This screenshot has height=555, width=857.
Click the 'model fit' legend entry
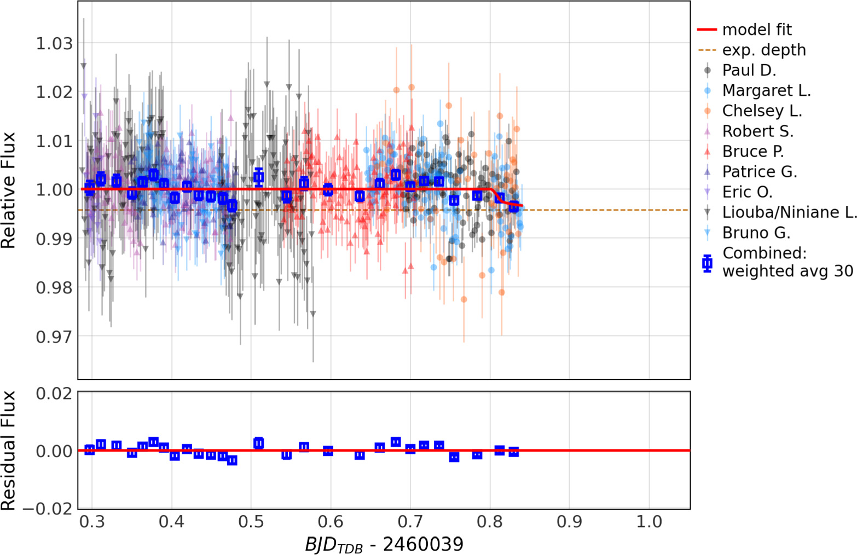point(756,30)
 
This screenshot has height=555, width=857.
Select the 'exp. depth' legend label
point(763,50)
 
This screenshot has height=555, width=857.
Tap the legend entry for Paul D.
point(749,70)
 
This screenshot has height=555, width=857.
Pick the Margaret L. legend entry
point(766,90)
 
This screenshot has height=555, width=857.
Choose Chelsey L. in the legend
point(762,111)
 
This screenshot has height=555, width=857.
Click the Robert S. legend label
point(757,131)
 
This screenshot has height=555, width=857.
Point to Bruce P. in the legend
point(753,151)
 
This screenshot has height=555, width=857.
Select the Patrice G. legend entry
point(760,171)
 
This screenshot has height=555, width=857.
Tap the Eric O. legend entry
point(747,192)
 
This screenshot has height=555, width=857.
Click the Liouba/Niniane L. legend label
point(789,212)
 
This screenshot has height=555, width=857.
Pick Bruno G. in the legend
point(756,233)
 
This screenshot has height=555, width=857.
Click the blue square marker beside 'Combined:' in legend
point(708,263)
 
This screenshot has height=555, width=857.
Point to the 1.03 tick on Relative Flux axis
point(54,43)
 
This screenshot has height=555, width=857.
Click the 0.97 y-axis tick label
point(54,336)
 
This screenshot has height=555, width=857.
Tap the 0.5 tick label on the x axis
point(251,522)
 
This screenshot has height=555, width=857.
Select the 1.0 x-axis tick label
point(649,522)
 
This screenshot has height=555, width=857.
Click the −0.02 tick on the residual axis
point(47,508)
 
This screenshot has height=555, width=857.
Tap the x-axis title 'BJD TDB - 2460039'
point(384,545)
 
